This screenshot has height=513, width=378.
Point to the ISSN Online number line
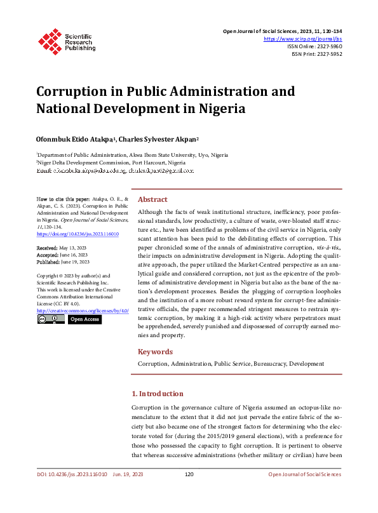click(x=314, y=46)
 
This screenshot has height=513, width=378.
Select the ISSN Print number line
click(x=316, y=54)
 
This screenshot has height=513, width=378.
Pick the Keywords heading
click(x=155, y=352)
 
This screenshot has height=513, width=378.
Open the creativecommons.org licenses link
click(x=83, y=310)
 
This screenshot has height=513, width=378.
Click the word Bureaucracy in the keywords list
click(x=267, y=364)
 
